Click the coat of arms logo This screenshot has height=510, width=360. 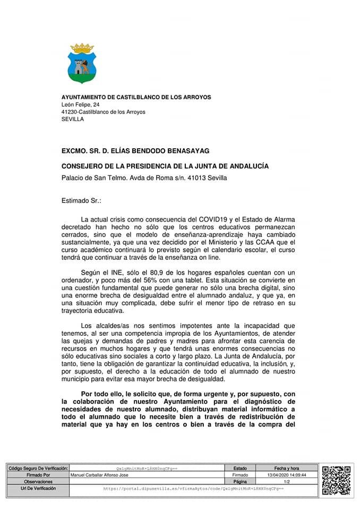click(82, 64)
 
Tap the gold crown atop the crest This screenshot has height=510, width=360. click(82, 48)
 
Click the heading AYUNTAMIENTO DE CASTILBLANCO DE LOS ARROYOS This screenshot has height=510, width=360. click(136, 97)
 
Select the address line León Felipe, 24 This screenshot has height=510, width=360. click(80, 105)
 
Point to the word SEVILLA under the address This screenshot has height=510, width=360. click(73, 120)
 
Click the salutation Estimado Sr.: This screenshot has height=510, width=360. click(81, 201)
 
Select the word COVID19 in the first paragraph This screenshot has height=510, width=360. click(212, 219)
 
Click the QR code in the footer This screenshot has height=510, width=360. click(337, 480)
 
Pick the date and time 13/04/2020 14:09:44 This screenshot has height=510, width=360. click(287, 474)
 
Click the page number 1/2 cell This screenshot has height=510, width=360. click(287, 481)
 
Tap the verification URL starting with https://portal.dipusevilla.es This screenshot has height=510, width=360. click(193, 488)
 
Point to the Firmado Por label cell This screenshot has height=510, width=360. click(38, 474)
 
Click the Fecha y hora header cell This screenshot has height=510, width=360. click(287, 468)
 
